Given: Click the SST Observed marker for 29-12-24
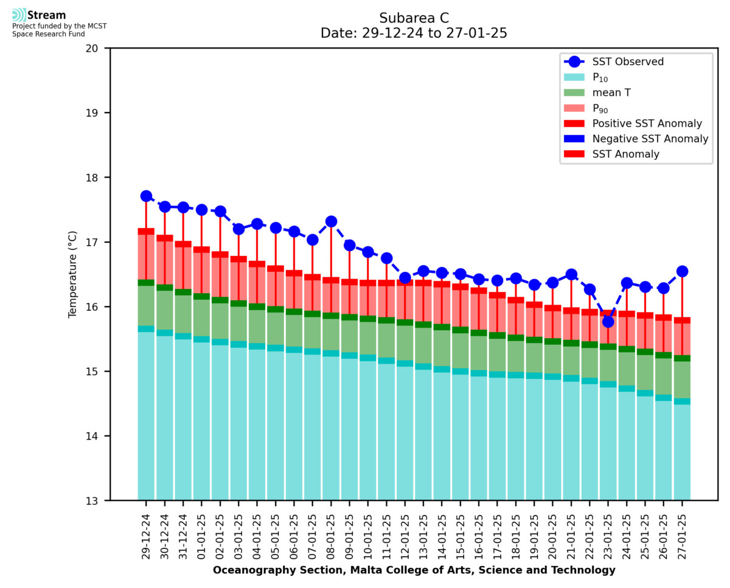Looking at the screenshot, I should tap(146, 196).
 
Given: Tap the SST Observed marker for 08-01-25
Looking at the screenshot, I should tap(331, 221).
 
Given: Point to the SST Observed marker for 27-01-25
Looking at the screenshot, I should tap(682, 271).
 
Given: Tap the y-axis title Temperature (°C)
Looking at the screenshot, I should tap(73, 274).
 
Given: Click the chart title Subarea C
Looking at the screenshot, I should tap(414, 18).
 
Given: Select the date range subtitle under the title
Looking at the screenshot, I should tap(414, 33).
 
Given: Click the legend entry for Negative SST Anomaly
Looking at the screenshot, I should tap(650, 139).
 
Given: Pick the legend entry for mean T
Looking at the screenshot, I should tap(611, 92).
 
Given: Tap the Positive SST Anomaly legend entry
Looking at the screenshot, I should tap(647, 123).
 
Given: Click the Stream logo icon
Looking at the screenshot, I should tap(19, 15).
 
